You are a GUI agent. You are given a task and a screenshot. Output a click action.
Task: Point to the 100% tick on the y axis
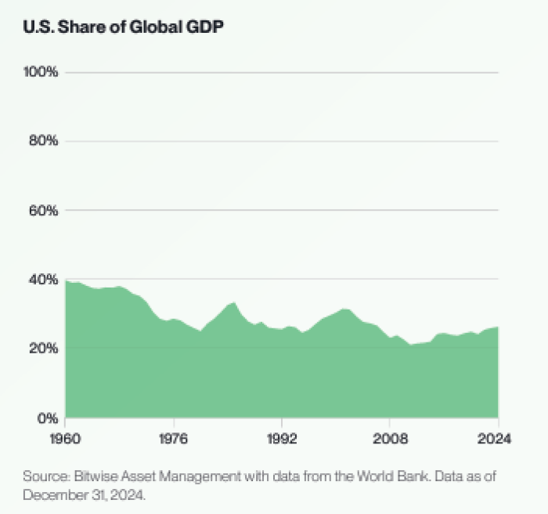41,72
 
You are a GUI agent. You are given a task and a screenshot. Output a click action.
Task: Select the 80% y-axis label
43,141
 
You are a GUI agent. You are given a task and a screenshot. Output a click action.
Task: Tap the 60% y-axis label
43,211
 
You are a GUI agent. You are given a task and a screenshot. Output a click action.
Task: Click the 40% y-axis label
43,280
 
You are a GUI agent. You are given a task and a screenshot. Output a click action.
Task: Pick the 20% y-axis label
43,349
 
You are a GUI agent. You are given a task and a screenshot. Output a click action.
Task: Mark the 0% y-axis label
46,418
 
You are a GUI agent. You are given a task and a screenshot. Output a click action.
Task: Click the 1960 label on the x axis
66,439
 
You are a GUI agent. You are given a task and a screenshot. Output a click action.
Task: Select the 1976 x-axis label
174,439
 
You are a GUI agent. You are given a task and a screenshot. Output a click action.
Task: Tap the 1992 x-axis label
281,439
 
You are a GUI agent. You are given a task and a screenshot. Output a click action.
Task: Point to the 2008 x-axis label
389,439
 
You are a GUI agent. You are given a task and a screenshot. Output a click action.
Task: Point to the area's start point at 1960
66,281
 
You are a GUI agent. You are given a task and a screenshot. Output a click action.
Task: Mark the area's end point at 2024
498,328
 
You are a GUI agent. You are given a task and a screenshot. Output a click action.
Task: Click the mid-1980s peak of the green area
234,302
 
